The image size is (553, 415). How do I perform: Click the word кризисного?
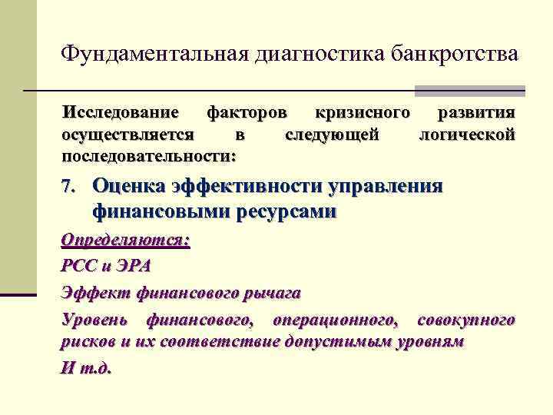point(360,113)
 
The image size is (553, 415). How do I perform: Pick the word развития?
point(475,113)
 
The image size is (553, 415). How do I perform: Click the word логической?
point(465,134)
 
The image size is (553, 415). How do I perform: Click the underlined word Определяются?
point(125,240)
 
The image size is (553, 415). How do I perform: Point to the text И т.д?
point(86,367)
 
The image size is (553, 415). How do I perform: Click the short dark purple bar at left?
point(18,294)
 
